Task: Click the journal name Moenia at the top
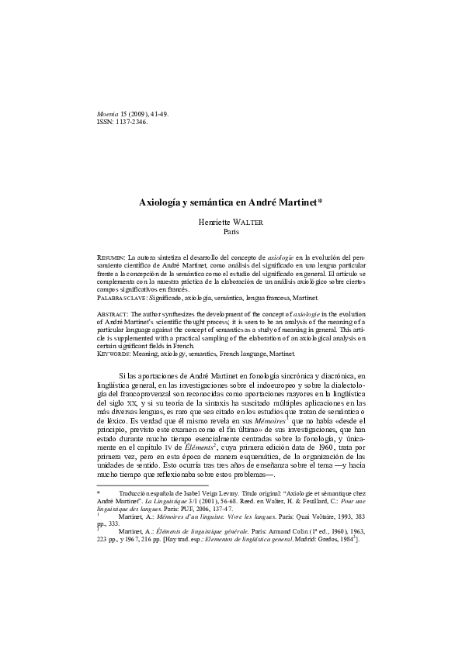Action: click(105, 115)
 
